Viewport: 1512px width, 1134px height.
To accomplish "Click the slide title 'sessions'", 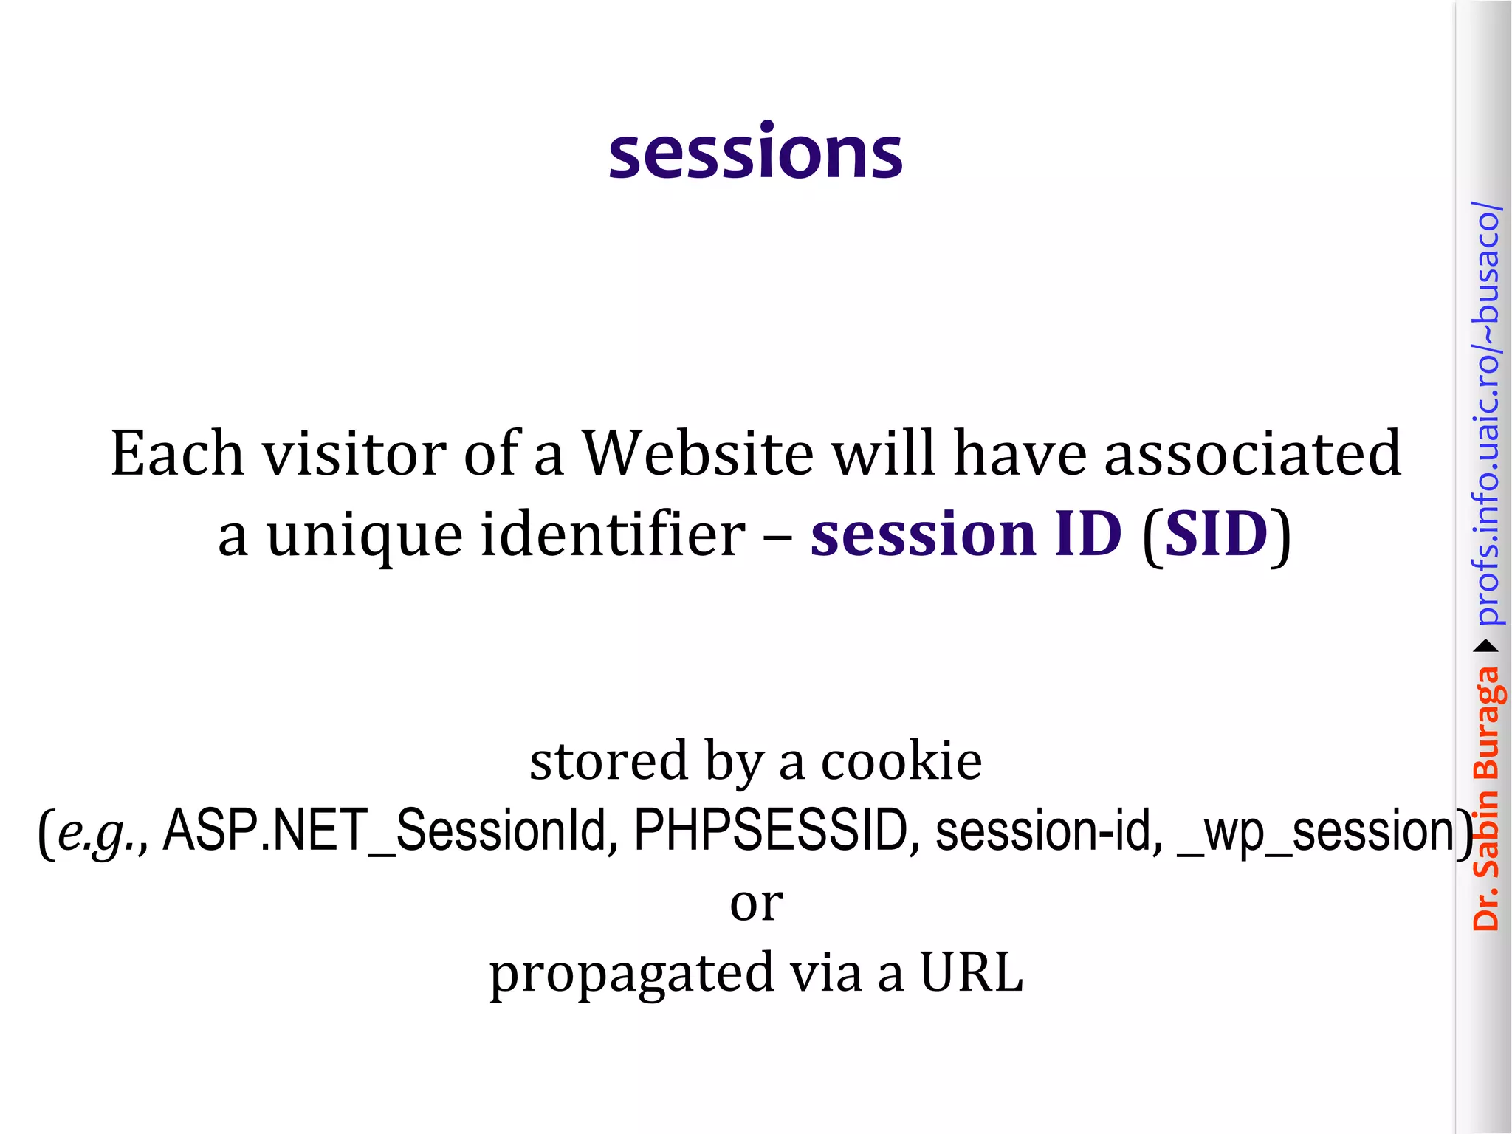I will (x=755, y=153).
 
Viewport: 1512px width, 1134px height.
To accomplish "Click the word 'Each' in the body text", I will (x=176, y=453).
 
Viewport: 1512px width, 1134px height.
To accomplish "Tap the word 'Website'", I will (x=698, y=453).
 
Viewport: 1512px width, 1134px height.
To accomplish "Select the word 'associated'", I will (x=1252, y=453).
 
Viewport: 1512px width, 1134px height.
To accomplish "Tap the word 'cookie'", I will (x=901, y=760).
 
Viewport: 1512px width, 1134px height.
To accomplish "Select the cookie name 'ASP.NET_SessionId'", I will (x=390, y=831).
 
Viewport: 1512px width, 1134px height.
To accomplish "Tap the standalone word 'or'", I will (x=756, y=904).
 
